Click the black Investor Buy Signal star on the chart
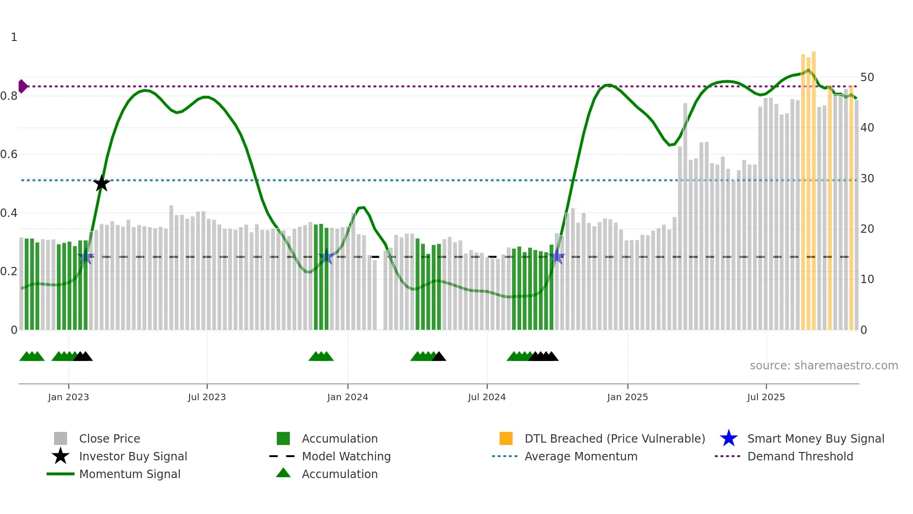[102, 183]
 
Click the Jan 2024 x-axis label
[347, 397]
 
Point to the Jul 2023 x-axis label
[207, 397]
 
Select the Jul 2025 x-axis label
[766, 397]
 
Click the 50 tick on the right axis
[867, 77]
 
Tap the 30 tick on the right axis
[867, 179]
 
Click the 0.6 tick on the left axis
[9, 154]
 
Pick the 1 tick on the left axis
[14, 37]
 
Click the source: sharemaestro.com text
[824, 366]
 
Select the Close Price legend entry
[109, 438]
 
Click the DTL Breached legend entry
[614, 438]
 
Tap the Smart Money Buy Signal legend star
[729, 438]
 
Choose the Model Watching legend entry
[346, 456]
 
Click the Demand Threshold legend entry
[800, 456]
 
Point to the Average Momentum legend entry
[580, 456]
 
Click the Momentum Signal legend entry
[129, 474]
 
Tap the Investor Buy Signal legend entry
[133, 456]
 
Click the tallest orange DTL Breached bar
[813, 187]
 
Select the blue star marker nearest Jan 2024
[327, 257]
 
